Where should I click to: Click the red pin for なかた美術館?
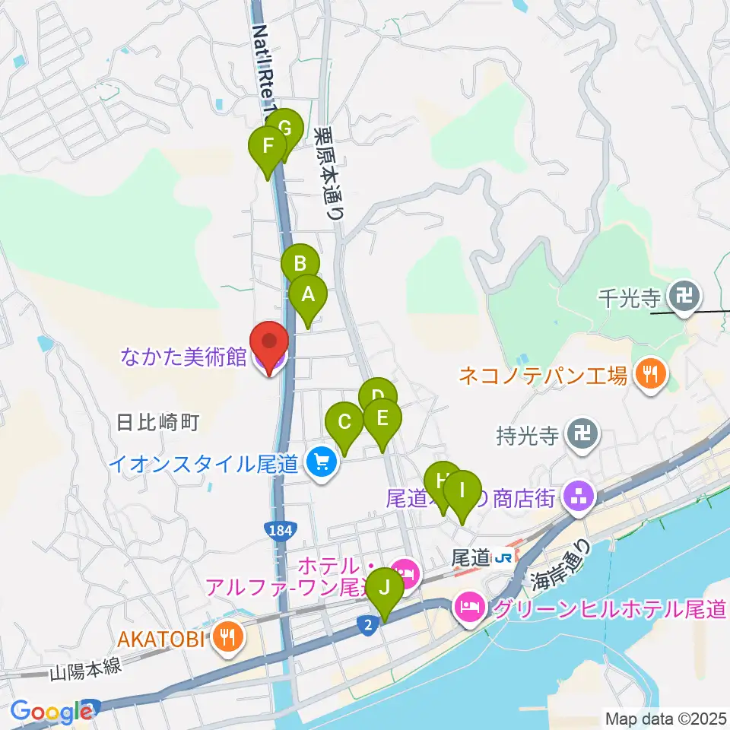(268, 343)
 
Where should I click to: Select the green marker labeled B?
(300, 265)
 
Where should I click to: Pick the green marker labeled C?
(344, 422)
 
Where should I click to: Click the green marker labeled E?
(382, 418)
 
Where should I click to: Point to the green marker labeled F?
(268, 146)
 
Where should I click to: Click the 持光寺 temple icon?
(583, 435)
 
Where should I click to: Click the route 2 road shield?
(367, 624)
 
